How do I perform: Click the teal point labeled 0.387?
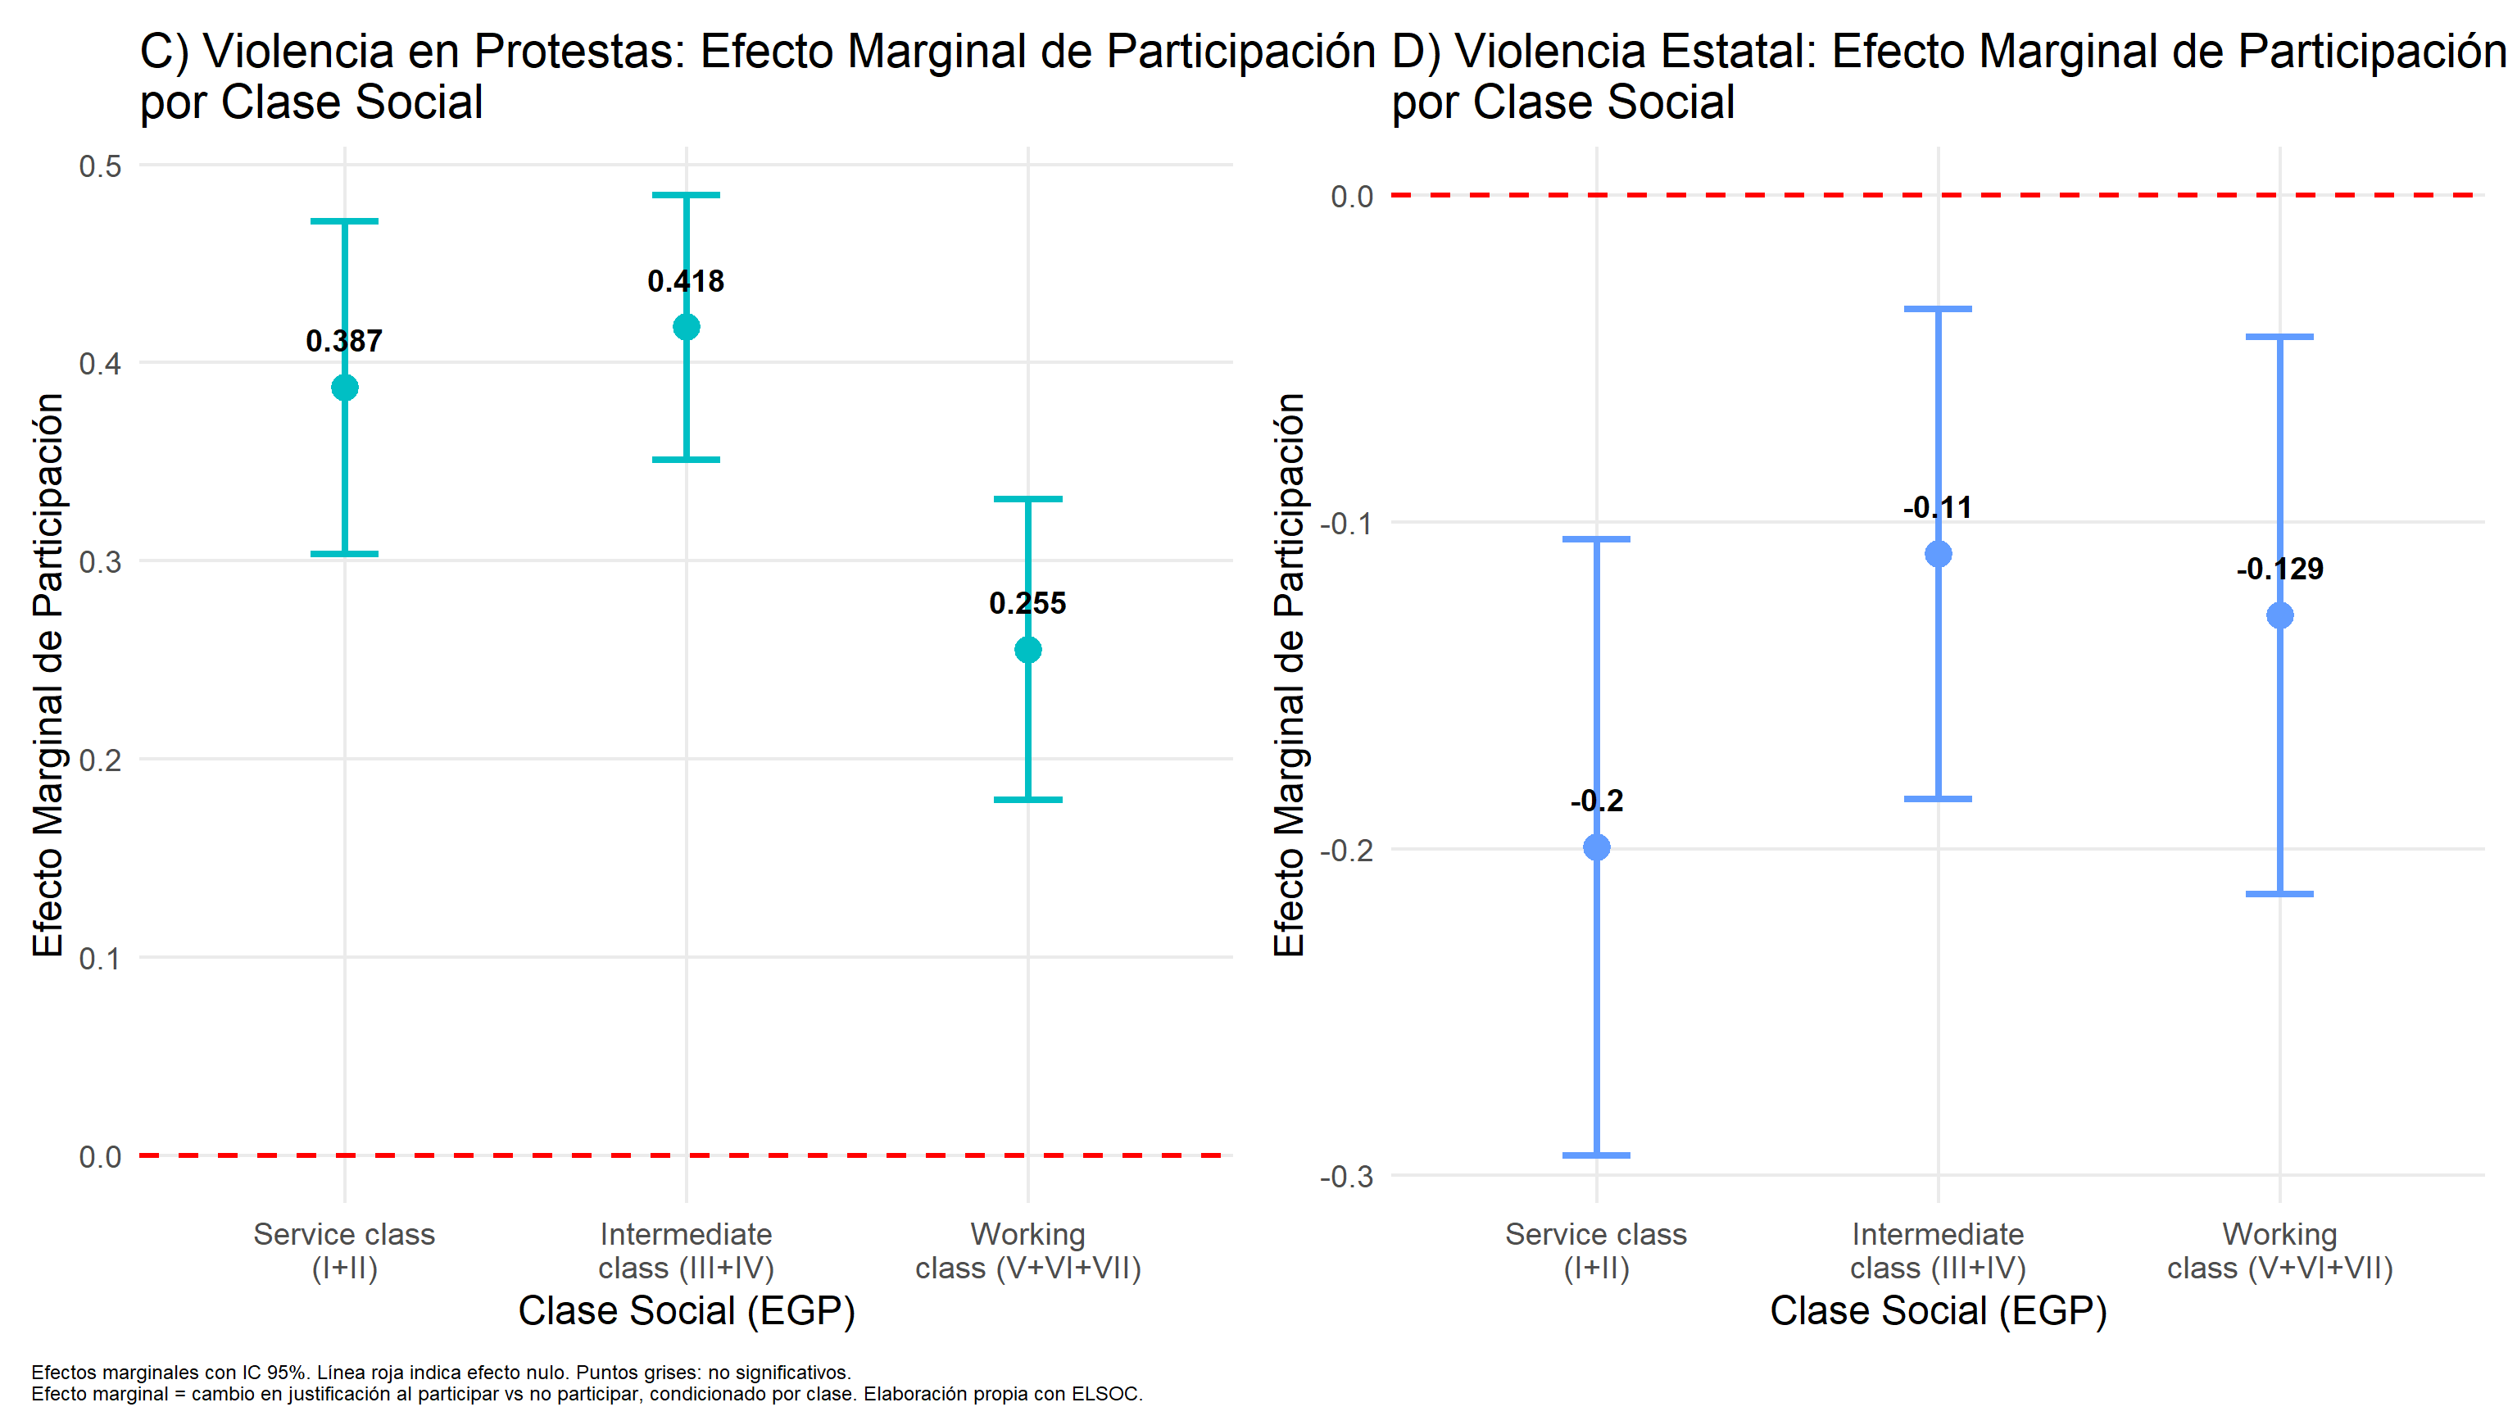(345, 388)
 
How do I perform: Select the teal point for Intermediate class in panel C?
(687, 328)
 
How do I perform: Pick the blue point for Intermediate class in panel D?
(1939, 554)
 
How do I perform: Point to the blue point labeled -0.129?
(2279, 615)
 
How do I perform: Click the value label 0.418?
(686, 281)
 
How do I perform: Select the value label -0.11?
(1938, 508)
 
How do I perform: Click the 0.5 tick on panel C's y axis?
(101, 166)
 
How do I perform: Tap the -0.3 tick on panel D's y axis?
(1346, 1177)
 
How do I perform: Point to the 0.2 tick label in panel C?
(101, 760)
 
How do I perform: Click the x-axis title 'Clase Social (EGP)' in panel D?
(1939, 1311)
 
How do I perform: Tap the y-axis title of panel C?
(48, 674)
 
